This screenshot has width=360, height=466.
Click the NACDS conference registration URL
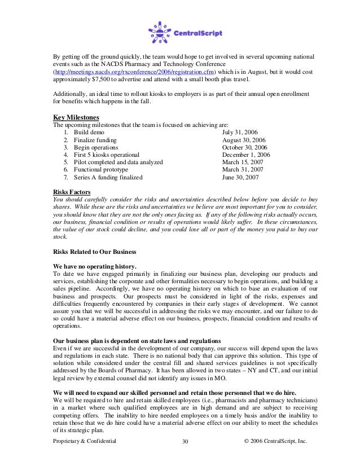[x=141, y=74]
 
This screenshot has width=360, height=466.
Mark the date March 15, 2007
[x=243, y=162]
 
